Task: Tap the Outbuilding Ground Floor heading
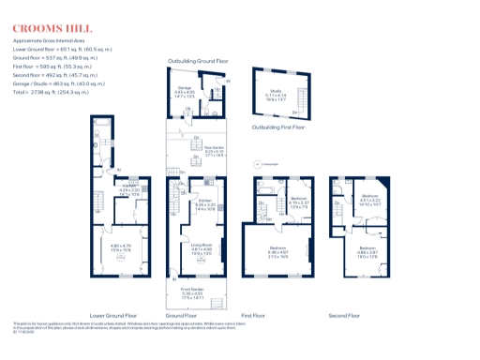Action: (x=198, y=59)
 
